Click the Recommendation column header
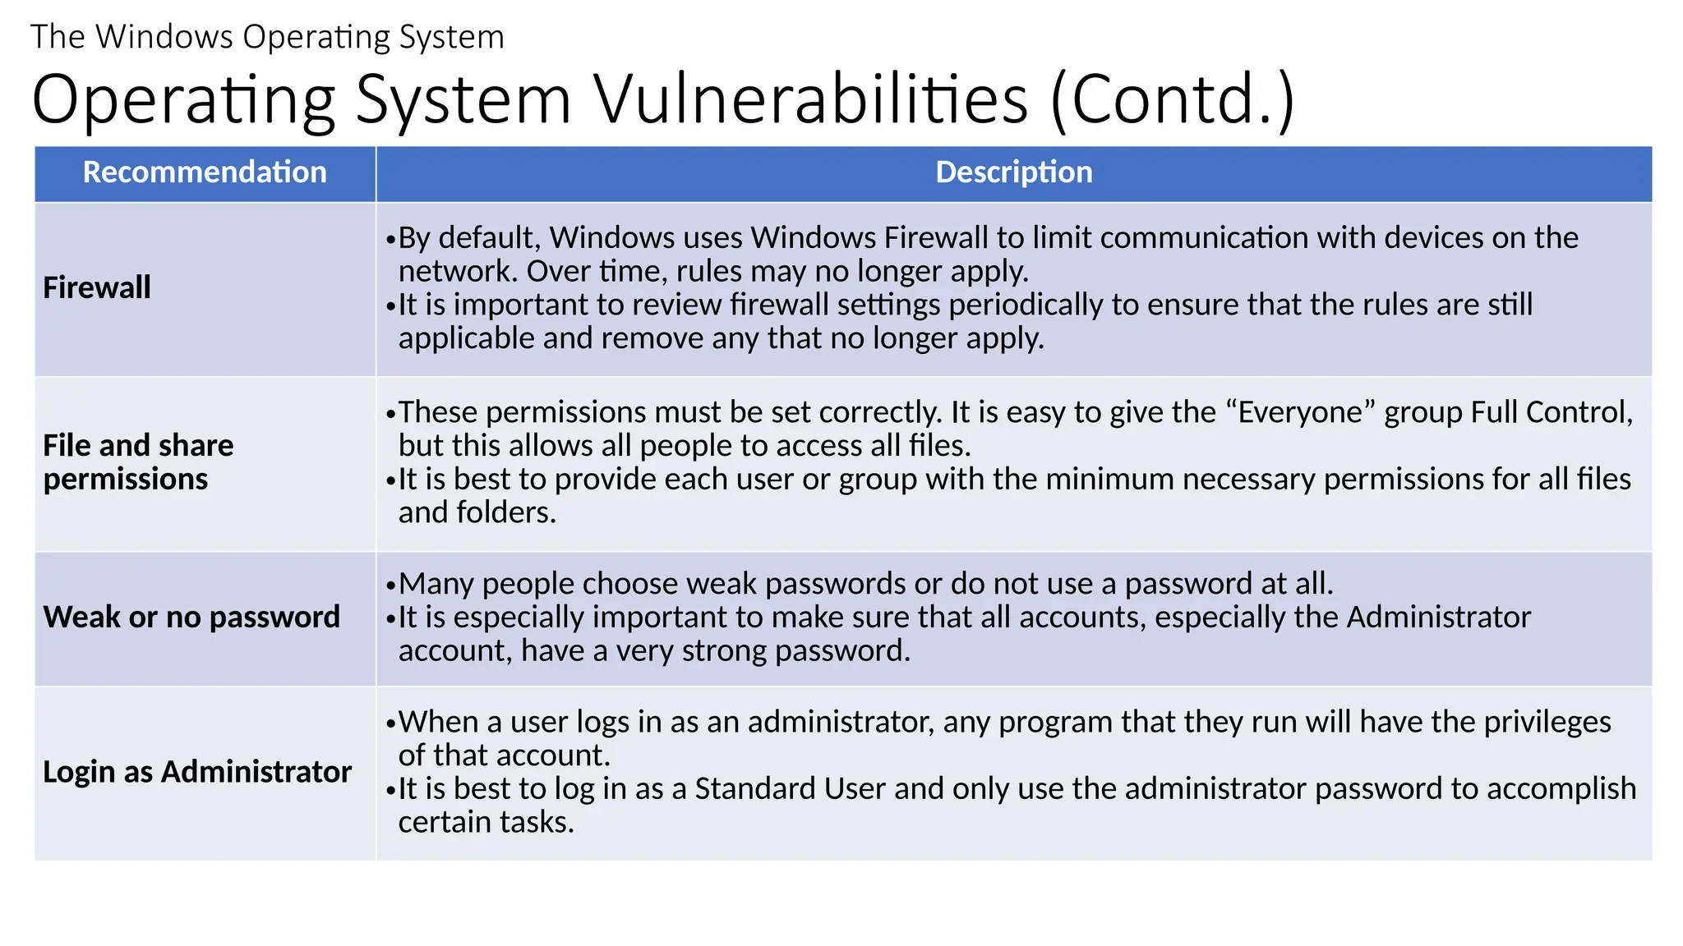click(205, 172)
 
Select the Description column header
click(1013, 172)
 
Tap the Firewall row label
click(97, 288)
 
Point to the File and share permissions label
click(138, 462)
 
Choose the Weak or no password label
click(191, 618)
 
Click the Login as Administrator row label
click(197, 772)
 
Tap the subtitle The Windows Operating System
click(267, 37)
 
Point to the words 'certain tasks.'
click(486, 823)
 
